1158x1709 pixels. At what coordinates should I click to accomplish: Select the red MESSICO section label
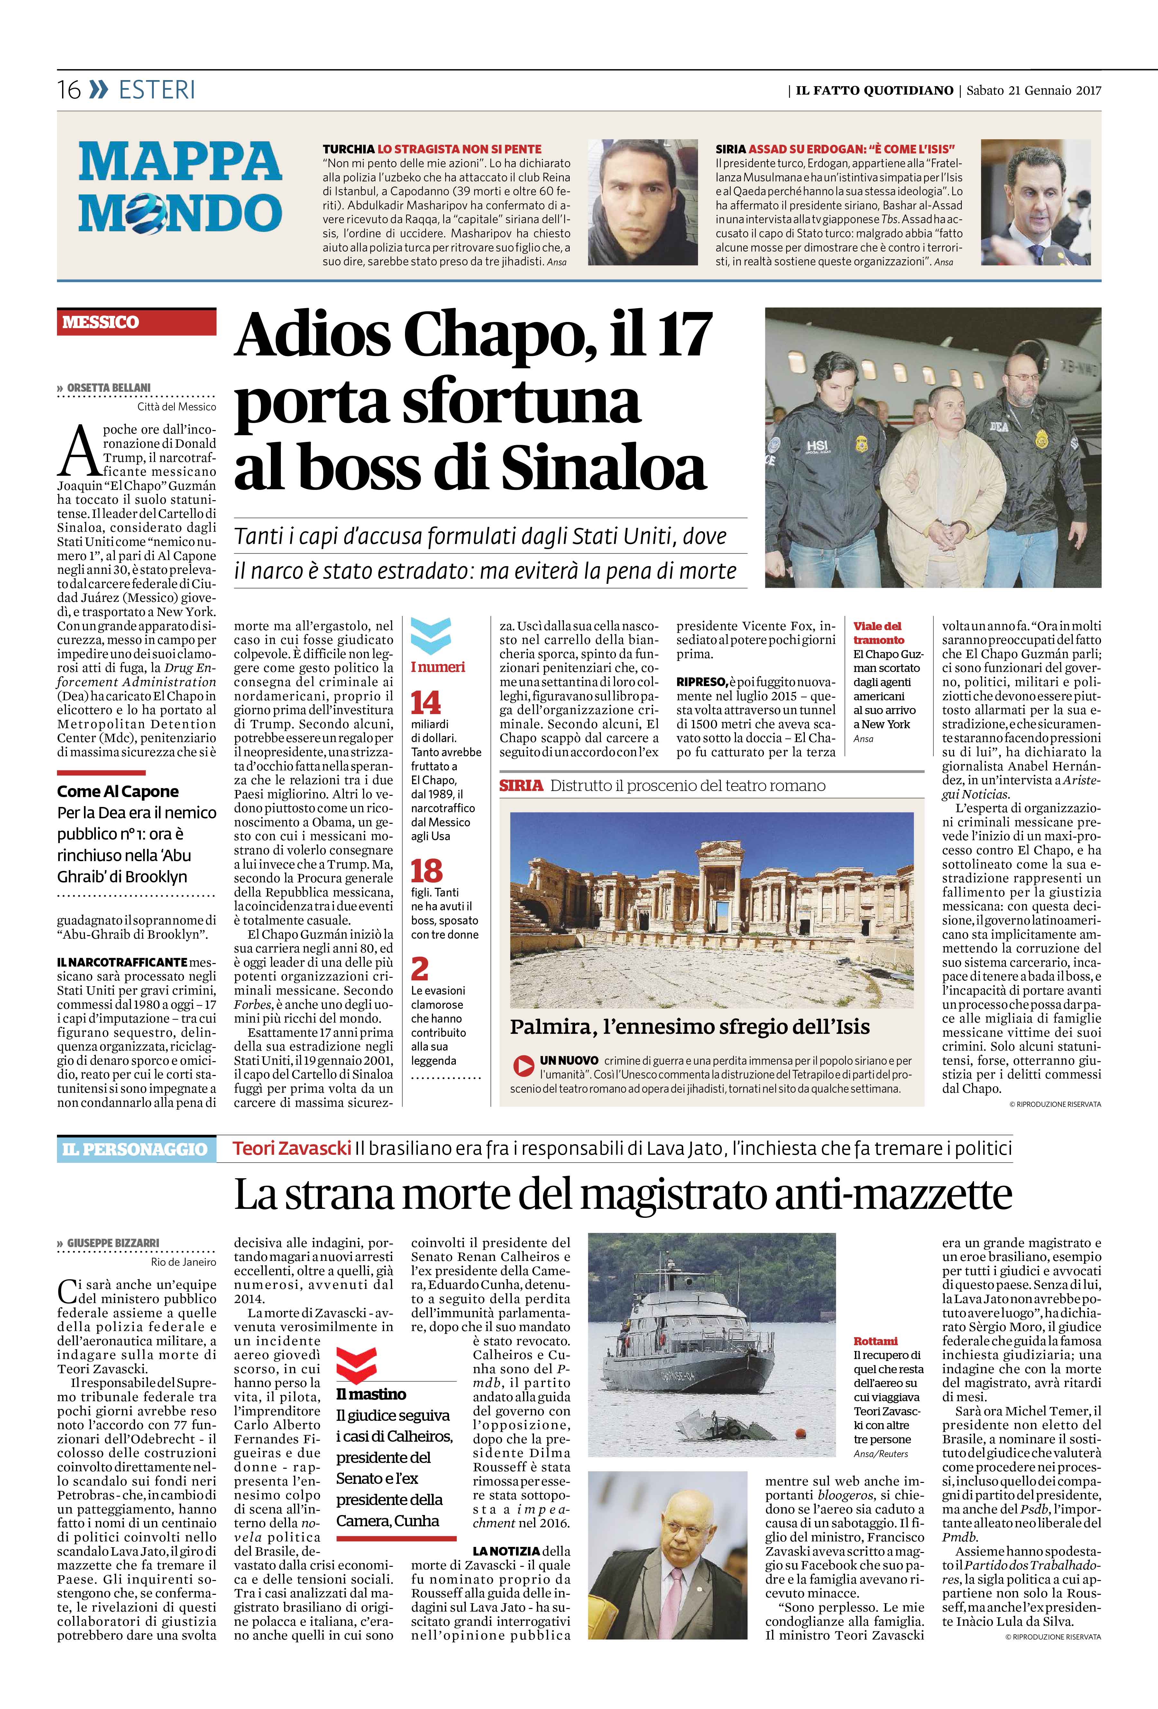pyautogui.click(x=101, y=322)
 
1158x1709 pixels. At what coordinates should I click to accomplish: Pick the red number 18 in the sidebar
pyautogui.click(x=427, y=871)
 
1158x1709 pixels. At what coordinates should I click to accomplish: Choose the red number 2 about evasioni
pyautogui.click(x=420, y=969)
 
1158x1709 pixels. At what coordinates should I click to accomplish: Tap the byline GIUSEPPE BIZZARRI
pyautogui.click(x=113, y=1243)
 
